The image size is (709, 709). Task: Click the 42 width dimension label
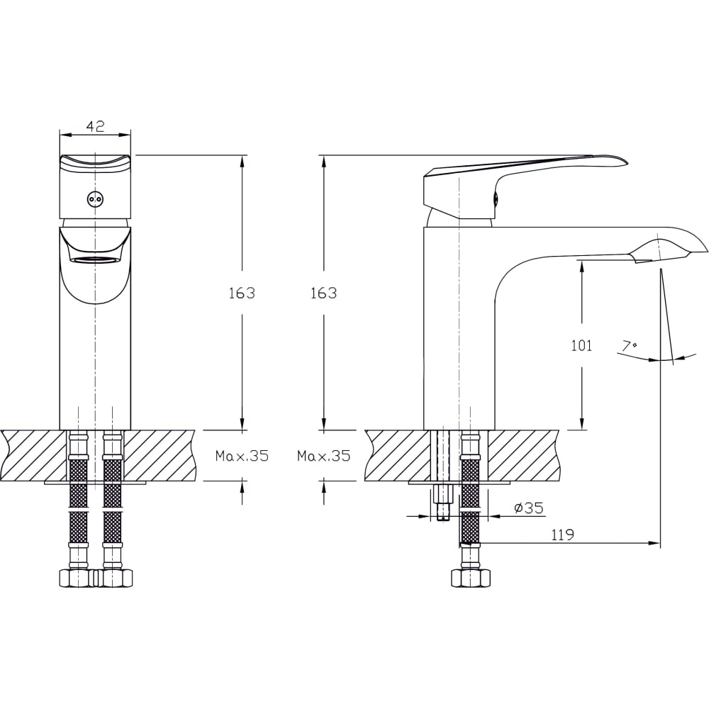[95, 125]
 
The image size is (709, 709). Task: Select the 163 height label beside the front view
[242, 293]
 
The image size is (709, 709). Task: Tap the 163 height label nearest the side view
[324, 293]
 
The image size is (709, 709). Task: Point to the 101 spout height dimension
[581, 345]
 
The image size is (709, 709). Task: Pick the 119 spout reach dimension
[563, 535]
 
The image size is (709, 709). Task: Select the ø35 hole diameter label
[529, 508]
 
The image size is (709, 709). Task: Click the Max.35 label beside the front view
[242, 456]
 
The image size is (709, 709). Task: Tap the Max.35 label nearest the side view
[324, 456]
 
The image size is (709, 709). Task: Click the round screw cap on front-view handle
[95, 199]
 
